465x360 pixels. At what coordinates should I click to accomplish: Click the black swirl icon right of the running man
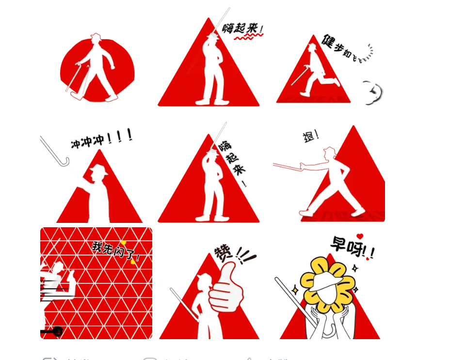coord(373,93)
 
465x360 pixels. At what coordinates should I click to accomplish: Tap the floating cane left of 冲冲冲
coord(54,151)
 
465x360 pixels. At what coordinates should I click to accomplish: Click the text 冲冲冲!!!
coord(101,138)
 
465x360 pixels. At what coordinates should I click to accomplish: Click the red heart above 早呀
coord(360,236)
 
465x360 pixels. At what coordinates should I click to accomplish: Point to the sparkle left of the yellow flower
coord(294,290)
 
